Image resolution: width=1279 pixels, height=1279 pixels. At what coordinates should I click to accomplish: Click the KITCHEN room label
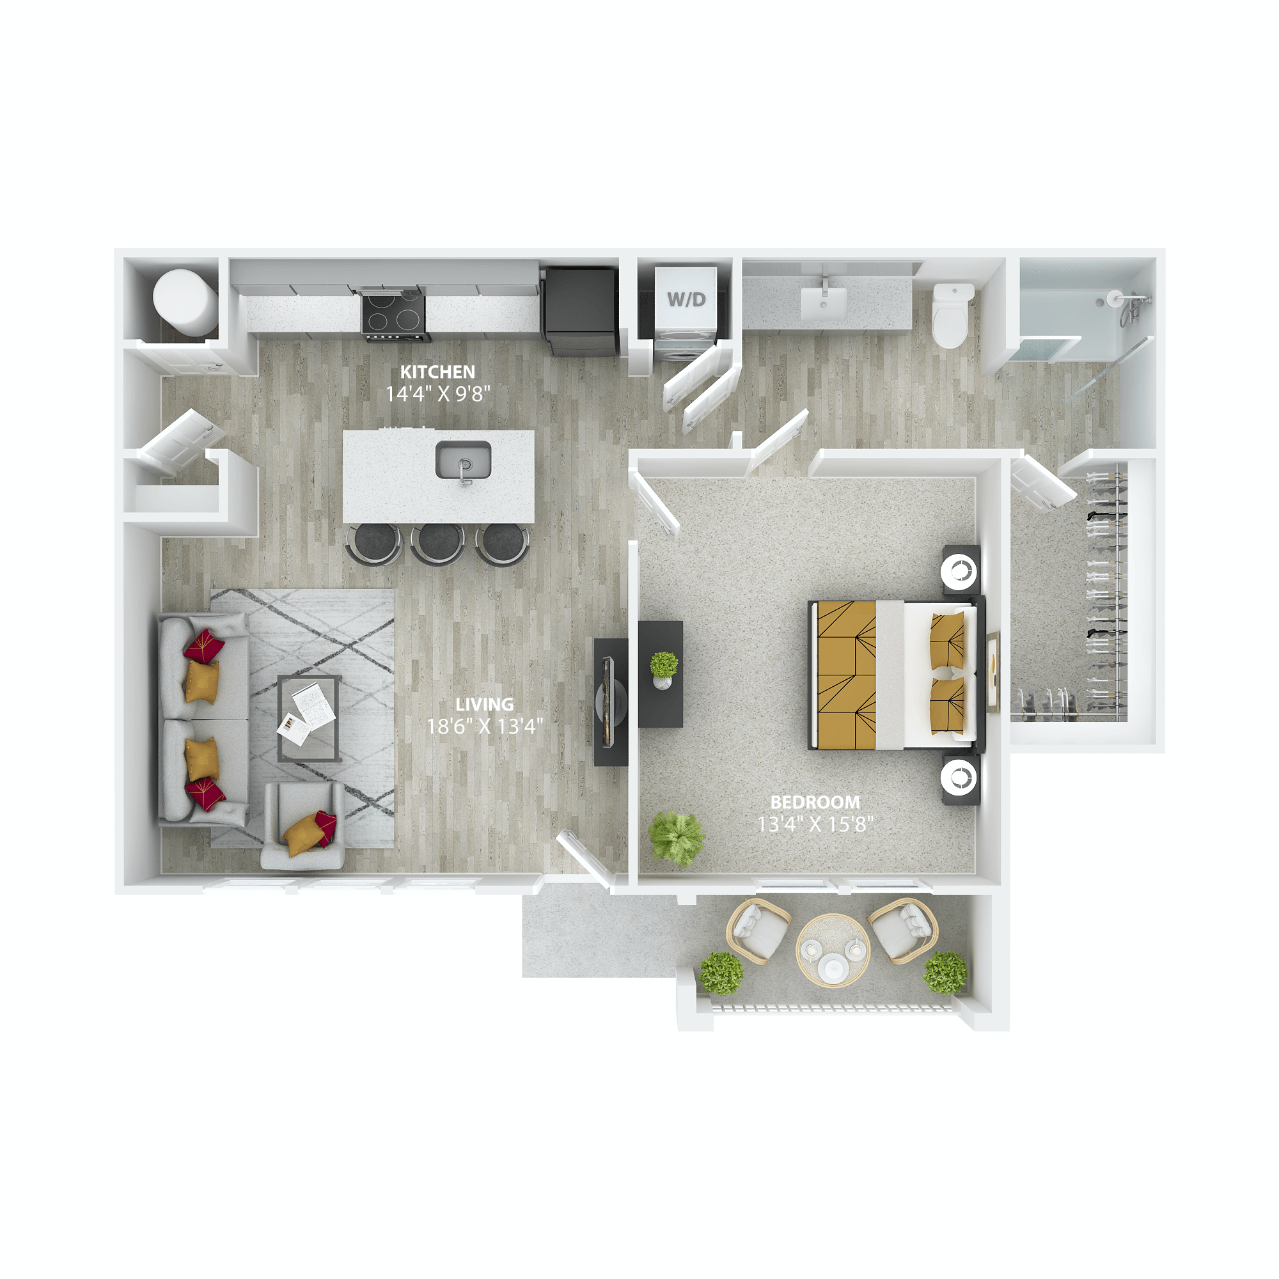437,372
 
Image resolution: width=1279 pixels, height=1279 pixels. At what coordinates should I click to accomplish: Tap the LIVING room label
484,704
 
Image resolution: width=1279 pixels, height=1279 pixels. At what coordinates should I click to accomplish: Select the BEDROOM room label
815,803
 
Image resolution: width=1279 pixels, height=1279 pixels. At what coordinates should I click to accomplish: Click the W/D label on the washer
686,299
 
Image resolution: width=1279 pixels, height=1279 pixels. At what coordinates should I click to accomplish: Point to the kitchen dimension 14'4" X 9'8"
437,395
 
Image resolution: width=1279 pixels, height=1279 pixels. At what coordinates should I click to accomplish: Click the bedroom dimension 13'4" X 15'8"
815,825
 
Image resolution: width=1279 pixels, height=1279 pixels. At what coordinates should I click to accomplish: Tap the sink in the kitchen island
463,459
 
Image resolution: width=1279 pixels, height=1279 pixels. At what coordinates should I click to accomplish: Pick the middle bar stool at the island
437,543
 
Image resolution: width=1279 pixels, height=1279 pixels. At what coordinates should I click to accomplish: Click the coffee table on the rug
309,718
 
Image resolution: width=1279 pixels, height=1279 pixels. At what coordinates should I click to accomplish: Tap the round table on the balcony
833,951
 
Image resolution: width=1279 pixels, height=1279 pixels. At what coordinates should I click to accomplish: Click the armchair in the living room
303,825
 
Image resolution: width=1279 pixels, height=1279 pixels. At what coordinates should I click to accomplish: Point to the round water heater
185,301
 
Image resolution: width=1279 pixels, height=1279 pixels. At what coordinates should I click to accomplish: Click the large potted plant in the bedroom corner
676,838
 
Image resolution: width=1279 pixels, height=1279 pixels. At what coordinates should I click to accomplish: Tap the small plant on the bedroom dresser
663,665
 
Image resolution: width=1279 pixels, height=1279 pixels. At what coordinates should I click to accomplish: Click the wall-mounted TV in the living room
609,702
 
